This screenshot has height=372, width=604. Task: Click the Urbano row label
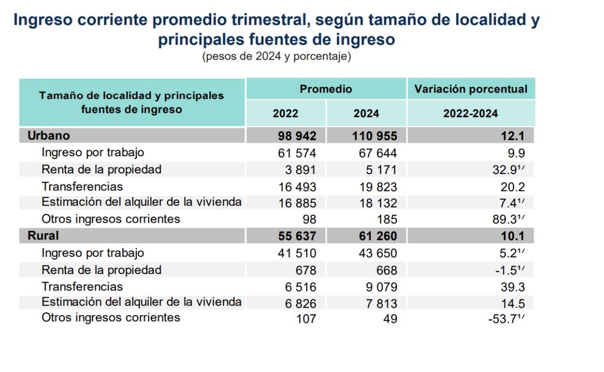click(x=49, y=136)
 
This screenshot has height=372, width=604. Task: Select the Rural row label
click(x=43, y=236)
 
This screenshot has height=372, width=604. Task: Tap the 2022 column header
click(x=285, y=113)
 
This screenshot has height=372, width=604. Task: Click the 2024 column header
click(x=366, y=113)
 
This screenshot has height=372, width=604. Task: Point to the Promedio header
click(x=326, y=89)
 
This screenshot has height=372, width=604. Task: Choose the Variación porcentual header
click(x=471, y=89)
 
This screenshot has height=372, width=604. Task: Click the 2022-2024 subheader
click(x=471, y=113)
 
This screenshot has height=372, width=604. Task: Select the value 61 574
click(x=294, y=152)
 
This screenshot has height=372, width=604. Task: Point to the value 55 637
click(x=294, y=236)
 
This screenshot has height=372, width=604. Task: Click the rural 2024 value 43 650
click(x=376, y=253)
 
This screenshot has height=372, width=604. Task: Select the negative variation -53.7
click(x=504, y=318)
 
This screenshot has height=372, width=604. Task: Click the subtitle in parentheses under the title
click(x=276, y=57)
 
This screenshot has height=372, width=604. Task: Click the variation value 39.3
click(x=516, y=287)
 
